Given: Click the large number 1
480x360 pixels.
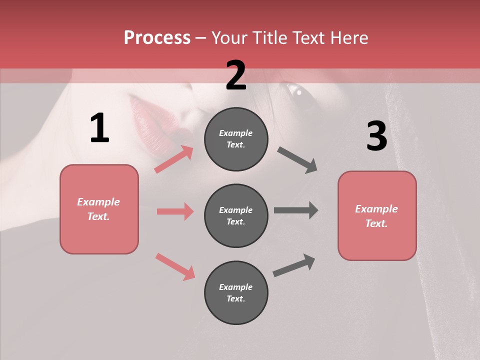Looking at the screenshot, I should [x=99, y=128].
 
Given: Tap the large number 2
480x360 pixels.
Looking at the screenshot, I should [x=236, y=75].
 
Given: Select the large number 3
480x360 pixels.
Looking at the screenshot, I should [x=376, y=136].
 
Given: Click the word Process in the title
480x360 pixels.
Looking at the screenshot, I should [x=157, y=37].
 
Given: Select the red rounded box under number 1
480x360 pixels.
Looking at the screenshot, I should [x=99, y=209].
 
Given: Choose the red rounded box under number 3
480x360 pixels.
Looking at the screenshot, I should [x=377, y=216].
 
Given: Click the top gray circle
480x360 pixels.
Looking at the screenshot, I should [x=236, y=138].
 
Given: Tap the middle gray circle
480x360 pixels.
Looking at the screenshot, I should [x=236, y=215].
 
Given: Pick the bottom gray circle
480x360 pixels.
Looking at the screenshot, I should [x=236, y=292].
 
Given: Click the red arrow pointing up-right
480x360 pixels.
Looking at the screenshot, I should [x=174, y=159].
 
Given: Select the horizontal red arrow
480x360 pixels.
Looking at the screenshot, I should [x=175, y=211].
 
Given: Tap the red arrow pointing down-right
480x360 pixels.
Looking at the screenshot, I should [x=175, y=266].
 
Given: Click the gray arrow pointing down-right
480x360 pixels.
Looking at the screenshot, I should [x=297, y=160].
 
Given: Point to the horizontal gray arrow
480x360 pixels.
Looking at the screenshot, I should [x=296, y=210].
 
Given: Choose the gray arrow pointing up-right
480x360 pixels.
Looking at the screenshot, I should [x=294, y=265].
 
